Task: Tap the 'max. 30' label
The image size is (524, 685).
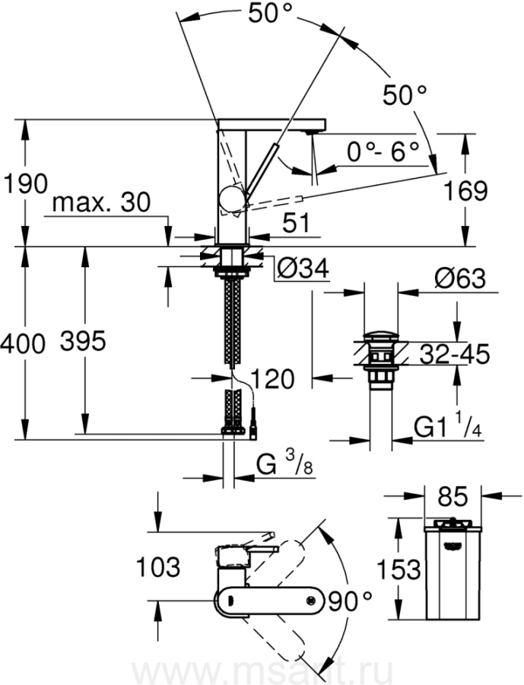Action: tap(102, 203)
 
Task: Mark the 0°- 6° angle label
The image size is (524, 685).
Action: tap(383, 151)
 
